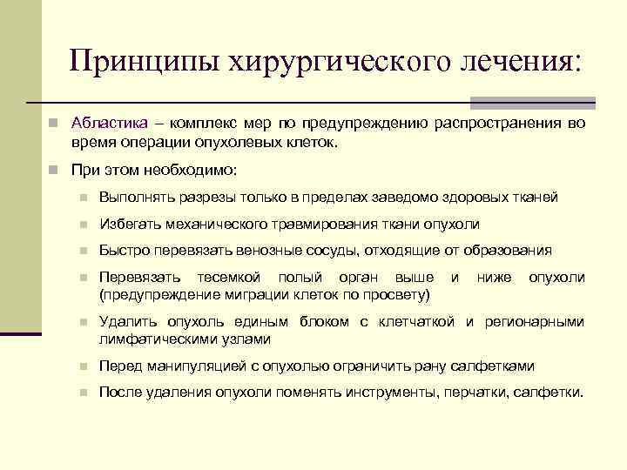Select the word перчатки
coord(476,393)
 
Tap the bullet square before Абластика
coord(54,124)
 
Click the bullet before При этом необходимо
coord(54,169)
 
